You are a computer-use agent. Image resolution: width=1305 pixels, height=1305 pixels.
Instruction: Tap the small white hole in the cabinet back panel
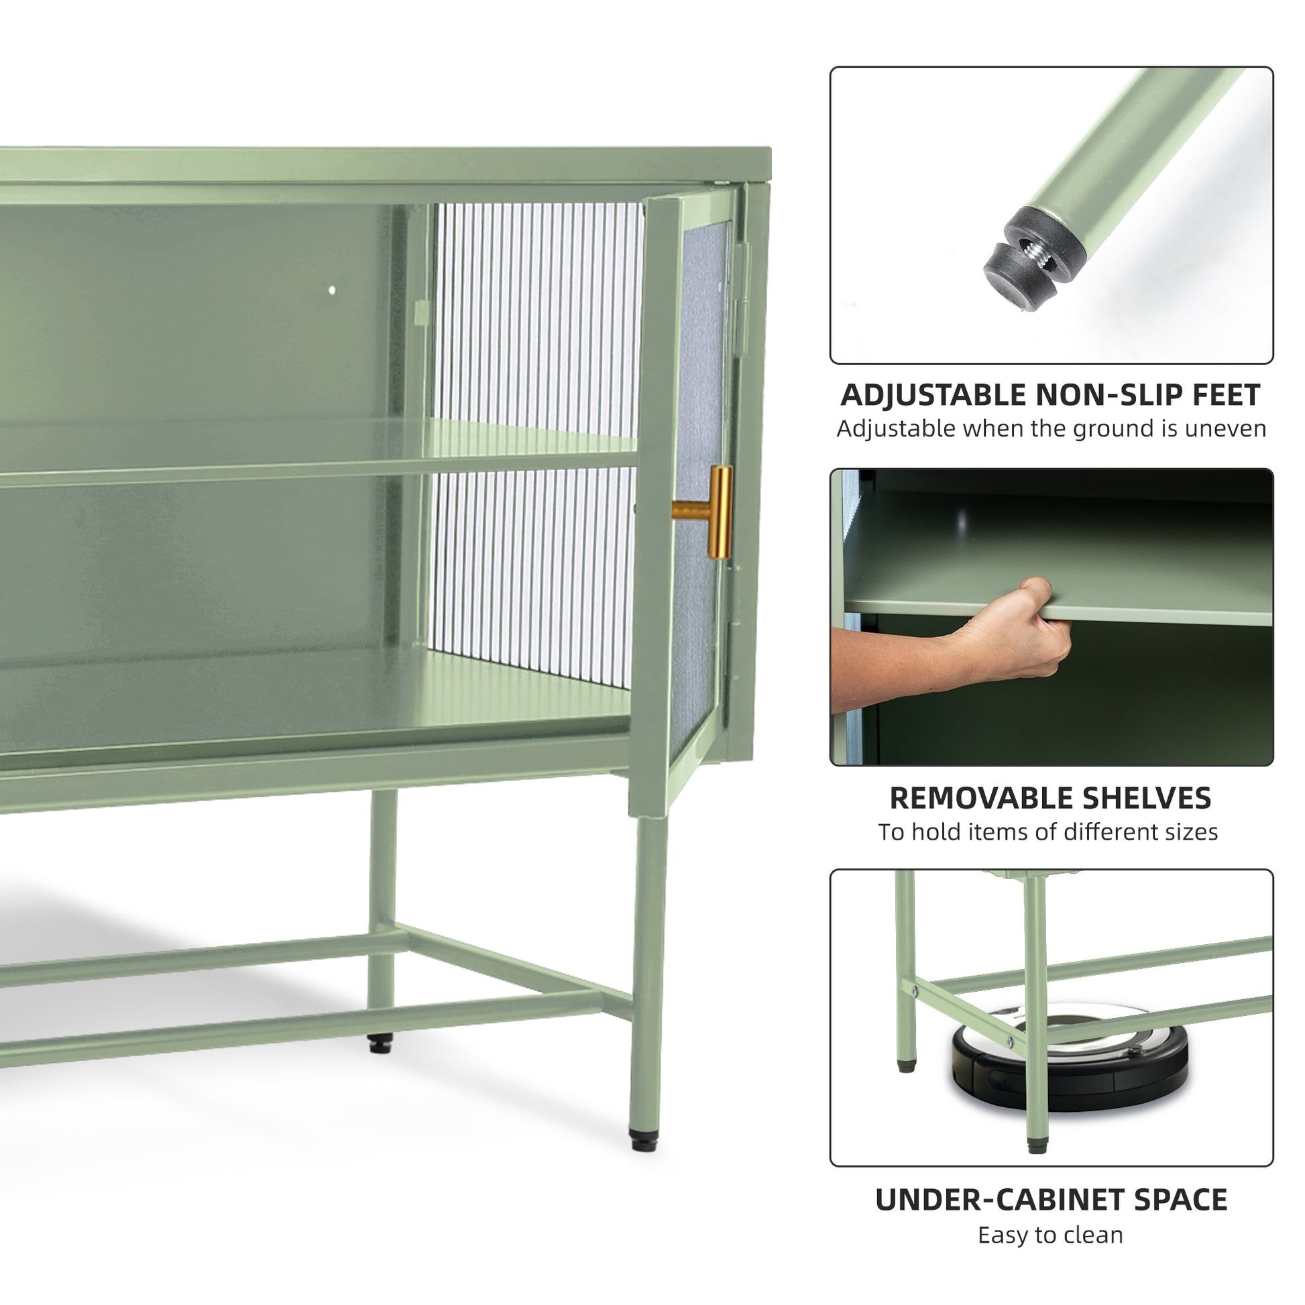tap(332, 290)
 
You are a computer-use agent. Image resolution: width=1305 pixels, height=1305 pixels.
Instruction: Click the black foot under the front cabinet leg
tap(643, 1140)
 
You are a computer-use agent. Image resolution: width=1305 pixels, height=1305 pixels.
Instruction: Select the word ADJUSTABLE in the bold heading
tap(934, 395)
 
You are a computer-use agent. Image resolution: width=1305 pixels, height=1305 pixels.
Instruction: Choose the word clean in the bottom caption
tap(1094, 1235)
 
